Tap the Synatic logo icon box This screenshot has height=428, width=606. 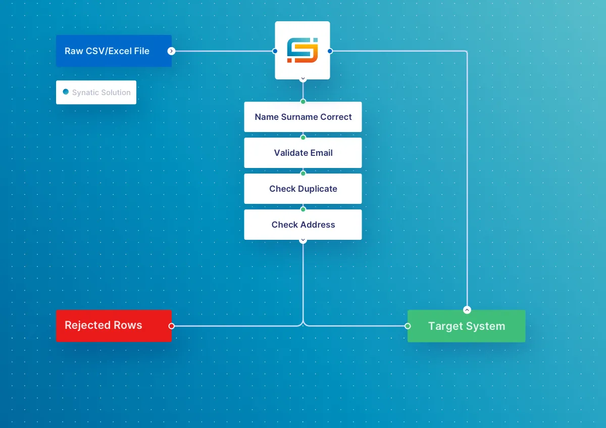pos(302,50)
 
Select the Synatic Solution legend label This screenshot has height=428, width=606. pos(101,93)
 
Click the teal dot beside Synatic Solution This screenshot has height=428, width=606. pos(66,92)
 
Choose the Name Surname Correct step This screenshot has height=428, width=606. pos(303,117)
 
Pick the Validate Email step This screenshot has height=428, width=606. pos(303,153)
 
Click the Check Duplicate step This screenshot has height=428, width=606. pos(303,189)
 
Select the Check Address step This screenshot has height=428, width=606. pos(303,225)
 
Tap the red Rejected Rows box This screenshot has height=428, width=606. pos(114,326)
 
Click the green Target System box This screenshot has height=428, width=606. pos(466,326)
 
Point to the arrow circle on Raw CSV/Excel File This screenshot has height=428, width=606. pos(171,51)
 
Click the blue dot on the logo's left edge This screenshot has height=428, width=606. pos(275,51)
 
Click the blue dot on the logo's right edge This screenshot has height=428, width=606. pos(330,51)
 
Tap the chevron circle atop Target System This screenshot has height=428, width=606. pos(467,310)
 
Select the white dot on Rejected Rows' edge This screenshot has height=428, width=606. pos(171,326)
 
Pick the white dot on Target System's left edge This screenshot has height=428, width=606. pos(408,326)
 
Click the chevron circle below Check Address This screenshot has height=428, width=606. pos(303,240)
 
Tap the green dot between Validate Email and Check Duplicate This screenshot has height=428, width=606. pos(303,173)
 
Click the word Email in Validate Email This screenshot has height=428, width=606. pos(322,153)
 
